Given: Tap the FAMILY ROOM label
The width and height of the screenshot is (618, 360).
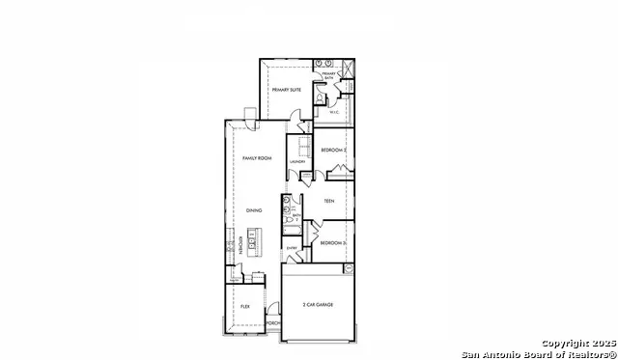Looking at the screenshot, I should [x=255, y=157].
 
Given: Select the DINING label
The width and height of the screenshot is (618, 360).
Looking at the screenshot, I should [x=253, y=210].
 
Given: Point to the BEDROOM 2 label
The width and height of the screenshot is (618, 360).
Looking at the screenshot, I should [x=334, y=150].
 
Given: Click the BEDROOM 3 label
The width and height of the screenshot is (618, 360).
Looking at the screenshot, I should [x=333, y=242].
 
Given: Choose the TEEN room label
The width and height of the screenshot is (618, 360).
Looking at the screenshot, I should [x=328, y=203].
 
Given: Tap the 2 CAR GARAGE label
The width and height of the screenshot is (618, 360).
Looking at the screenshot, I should [x=317, y=305].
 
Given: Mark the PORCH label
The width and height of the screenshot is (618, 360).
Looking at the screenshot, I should [x=273, y=323].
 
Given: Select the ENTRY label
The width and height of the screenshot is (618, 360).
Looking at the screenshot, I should [x=291, y=248].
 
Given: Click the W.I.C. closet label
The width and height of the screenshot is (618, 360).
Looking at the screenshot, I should [x=334, y=112].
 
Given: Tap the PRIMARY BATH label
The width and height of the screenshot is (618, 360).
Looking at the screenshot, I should [x=328, y=75].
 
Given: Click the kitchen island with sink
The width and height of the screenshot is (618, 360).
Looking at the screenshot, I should [x=255, y=238].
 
